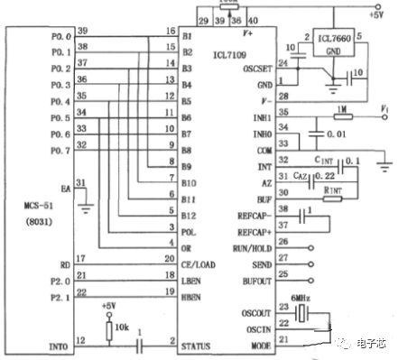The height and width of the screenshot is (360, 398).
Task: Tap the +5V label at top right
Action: point(375,14)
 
